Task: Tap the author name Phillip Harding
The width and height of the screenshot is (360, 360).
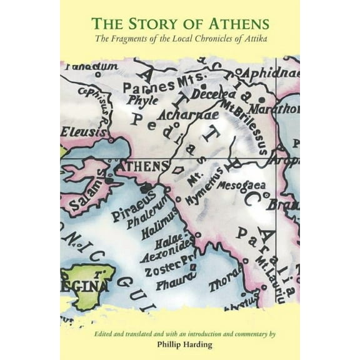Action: click(180, 346)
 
